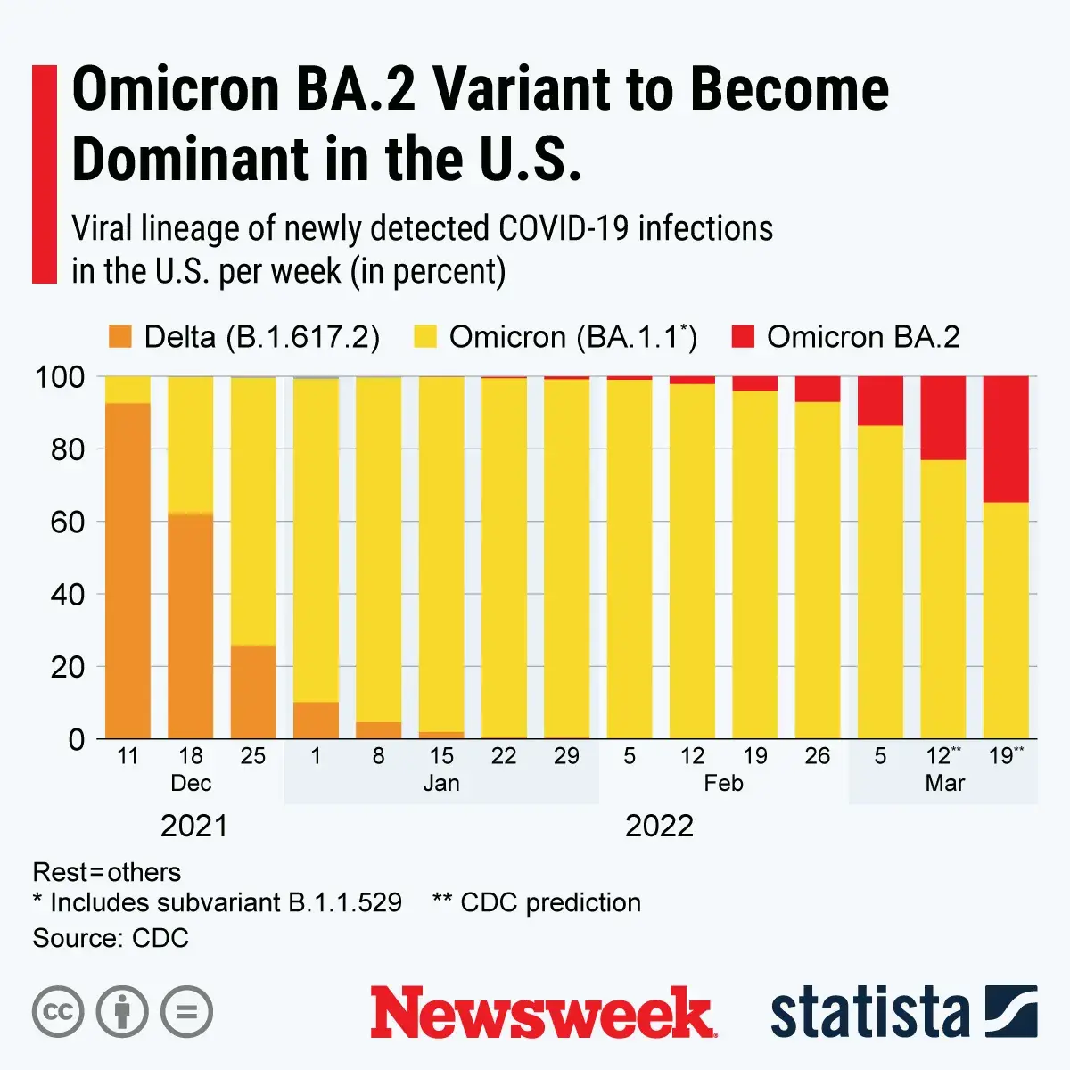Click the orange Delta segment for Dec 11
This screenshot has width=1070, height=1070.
[x=128, y=571]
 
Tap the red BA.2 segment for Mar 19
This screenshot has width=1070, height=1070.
[x=1006, y=439]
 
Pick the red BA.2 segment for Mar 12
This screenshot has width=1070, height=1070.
[x=943, y=417]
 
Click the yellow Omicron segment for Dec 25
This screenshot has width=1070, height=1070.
[x=252, y=512]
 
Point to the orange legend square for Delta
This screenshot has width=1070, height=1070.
[x=119, y=337]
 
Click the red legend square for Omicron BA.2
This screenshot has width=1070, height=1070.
[x=742, y=337]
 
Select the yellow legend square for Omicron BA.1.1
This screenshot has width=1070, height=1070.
[x=425, y=337]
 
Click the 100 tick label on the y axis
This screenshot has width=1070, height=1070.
[x=60, y=377]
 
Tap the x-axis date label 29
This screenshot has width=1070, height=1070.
[x=566, y=756]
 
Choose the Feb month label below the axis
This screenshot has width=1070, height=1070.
[x=723, y=784]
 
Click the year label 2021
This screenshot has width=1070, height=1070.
[x=194, y=826]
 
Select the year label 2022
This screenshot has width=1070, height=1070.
[x=659, y=826]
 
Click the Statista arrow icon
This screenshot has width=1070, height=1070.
[x=1010, y=1012]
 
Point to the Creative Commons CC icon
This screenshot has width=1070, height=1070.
[x=58, y=1013]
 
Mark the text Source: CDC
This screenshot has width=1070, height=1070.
[x=111, y=938]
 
